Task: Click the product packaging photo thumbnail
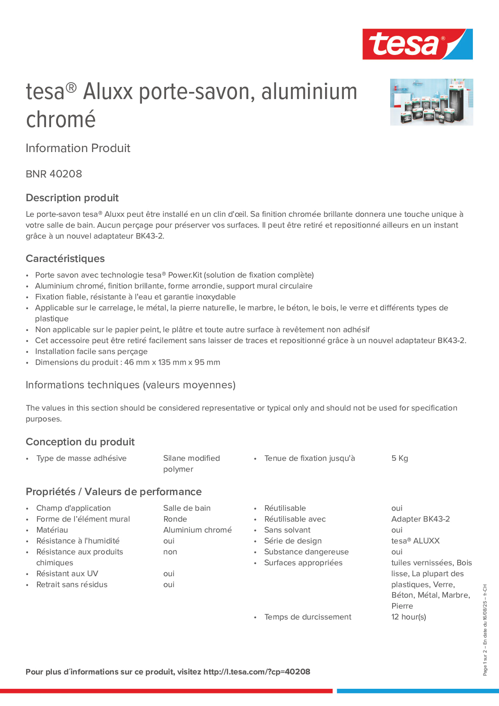click(x=431, y=102)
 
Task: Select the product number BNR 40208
click(x=54, y=174)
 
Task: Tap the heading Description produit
click(x=72, y=198)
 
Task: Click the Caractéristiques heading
click(x=65, y=259)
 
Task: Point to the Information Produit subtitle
click(x=78, y=148)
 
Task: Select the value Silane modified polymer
click(x=191, y=463)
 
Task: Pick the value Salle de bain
click(x=187, y=508)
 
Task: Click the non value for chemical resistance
click(x=170, y=552)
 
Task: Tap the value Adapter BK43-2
click(x=420, y=519)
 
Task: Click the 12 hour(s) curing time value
click(x=408, y=617)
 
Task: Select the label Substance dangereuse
click(x=306, y=552)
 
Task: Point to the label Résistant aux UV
click(x=67, y=574)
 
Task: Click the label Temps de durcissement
click(x=307, y=617)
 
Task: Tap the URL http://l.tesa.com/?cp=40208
click(x=257, y=672)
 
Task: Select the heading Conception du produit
click(x=80, y=442)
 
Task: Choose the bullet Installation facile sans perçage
click(x=91, y=352)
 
